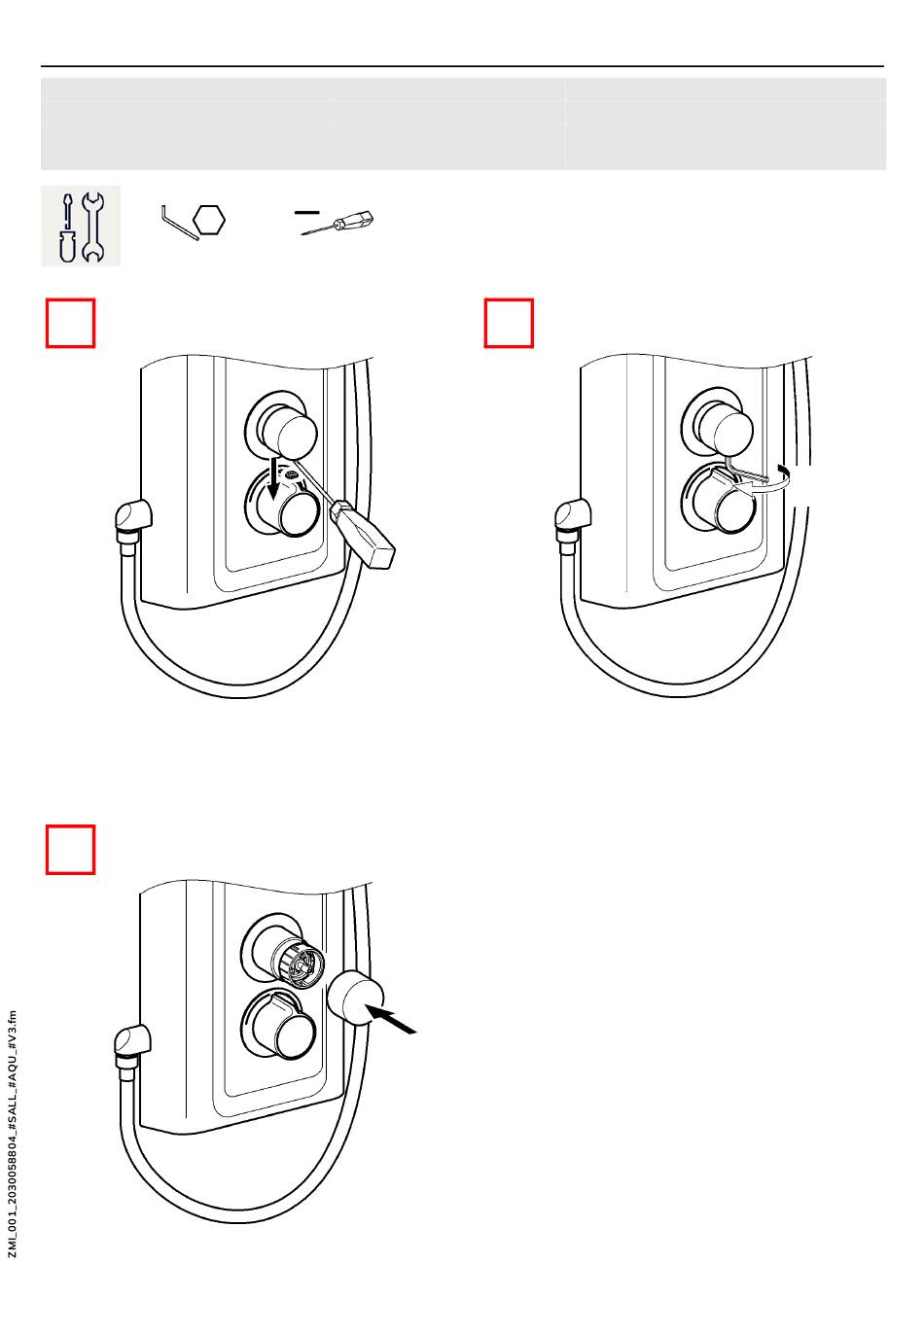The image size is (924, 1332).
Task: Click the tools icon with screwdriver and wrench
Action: coord(81,226)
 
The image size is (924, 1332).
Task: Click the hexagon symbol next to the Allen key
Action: coord(209,221)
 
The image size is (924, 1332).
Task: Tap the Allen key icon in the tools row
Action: coord(179,223)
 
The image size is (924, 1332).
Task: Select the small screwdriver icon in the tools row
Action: coord(338,223)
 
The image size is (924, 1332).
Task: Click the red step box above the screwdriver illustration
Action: coord(71,324)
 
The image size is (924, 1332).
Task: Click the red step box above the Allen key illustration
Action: coord(509,324)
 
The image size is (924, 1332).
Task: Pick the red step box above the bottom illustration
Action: coord(71,850)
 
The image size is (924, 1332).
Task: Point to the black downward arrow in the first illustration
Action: coord(273,477)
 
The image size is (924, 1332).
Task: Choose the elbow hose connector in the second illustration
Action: coord(571,515)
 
